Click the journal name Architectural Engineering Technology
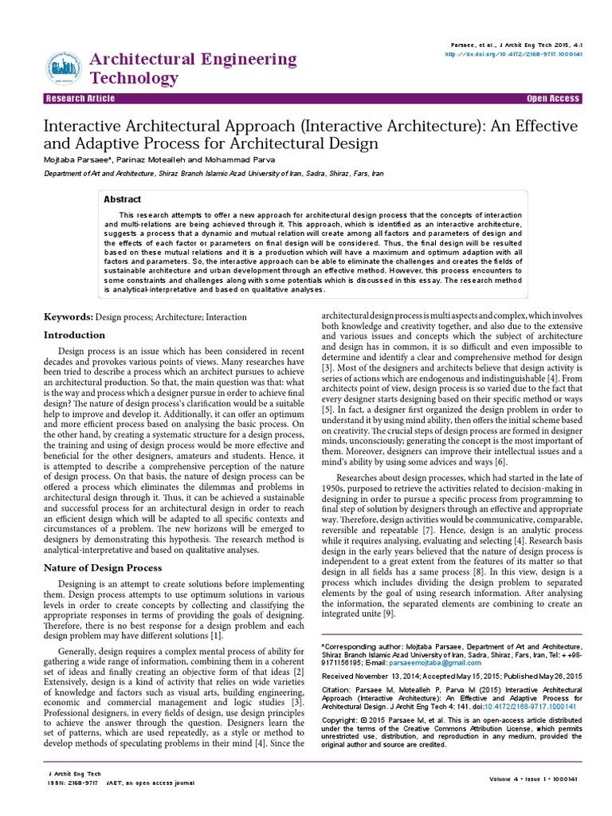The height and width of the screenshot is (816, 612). coord(193,69)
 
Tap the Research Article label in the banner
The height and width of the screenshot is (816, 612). coord(80,99)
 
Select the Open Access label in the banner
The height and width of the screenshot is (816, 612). coord(553,99)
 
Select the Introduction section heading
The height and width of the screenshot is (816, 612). coord(74,335)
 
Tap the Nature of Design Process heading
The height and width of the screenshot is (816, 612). coord(102,567)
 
